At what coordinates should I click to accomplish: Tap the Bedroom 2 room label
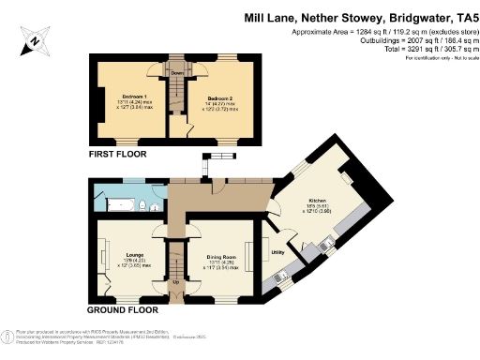click(220, 98)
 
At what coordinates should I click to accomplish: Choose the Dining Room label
click(222, 253)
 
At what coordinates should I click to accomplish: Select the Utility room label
click(277, 251)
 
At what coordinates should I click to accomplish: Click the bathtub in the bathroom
click(116, 203)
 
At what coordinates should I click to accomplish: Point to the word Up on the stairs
click(175, 280)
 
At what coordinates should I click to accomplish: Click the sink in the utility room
click(281, 276)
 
